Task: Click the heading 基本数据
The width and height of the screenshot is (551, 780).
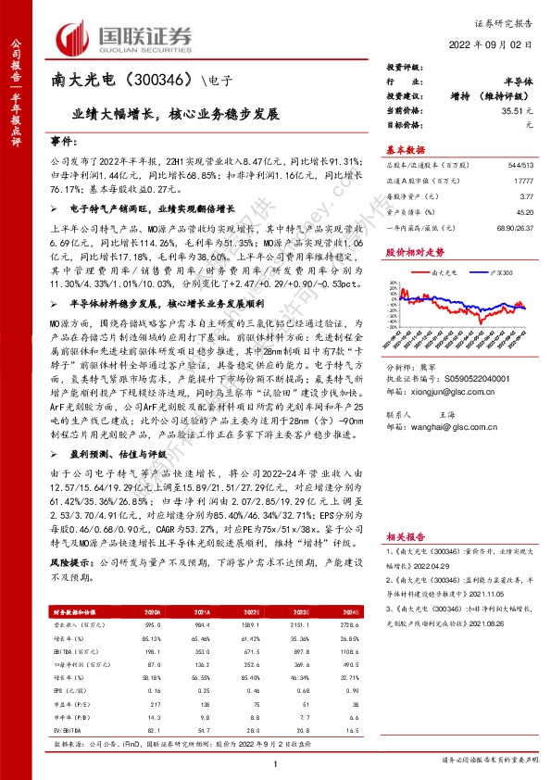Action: click(x=405, y=149)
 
